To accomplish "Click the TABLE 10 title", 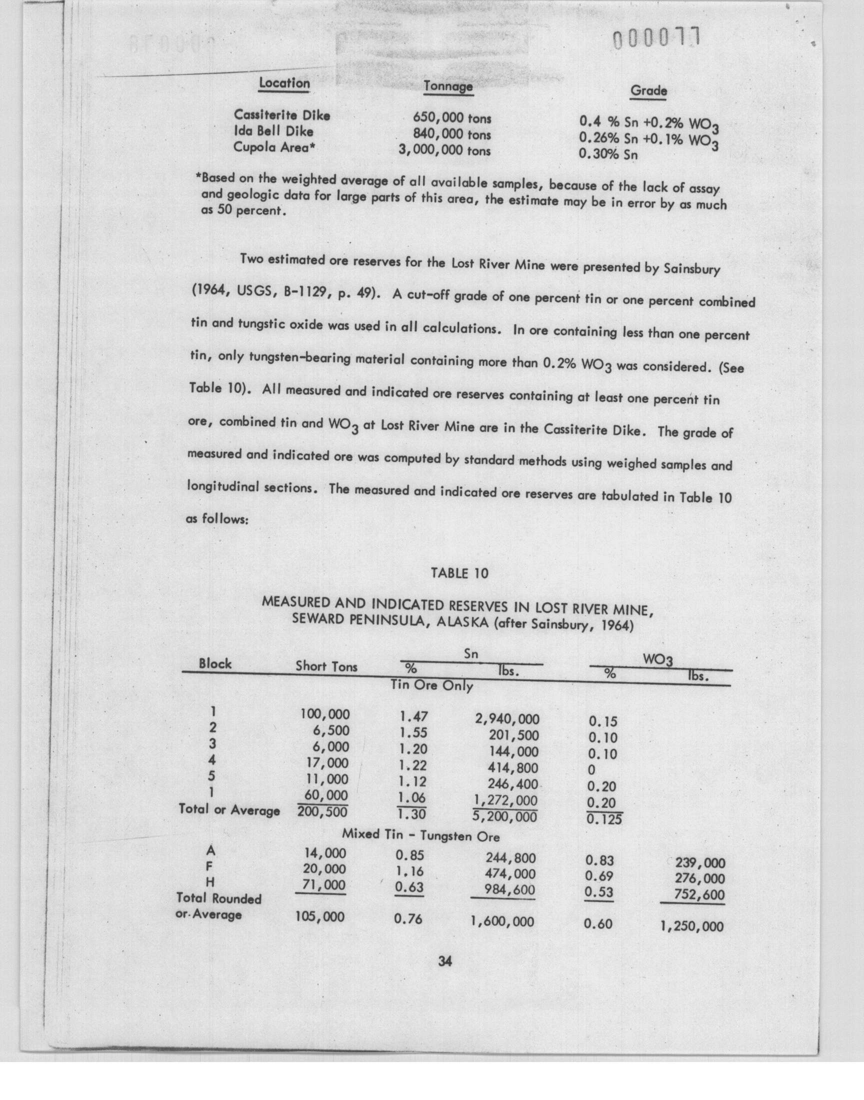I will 459,573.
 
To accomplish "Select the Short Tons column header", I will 326,666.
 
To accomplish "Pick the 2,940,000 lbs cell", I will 507,718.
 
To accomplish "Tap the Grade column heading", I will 648,91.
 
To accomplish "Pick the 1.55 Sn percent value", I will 413,732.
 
